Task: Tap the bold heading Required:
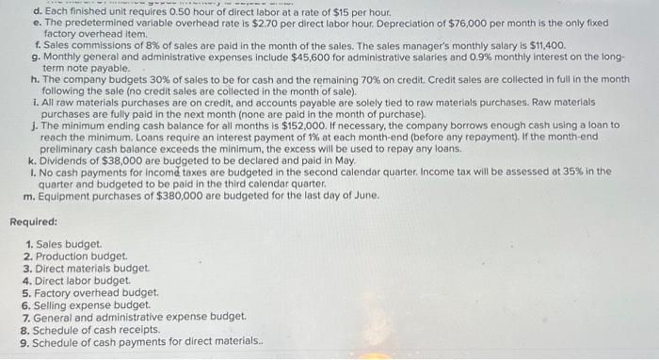33,221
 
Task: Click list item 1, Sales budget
68,244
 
